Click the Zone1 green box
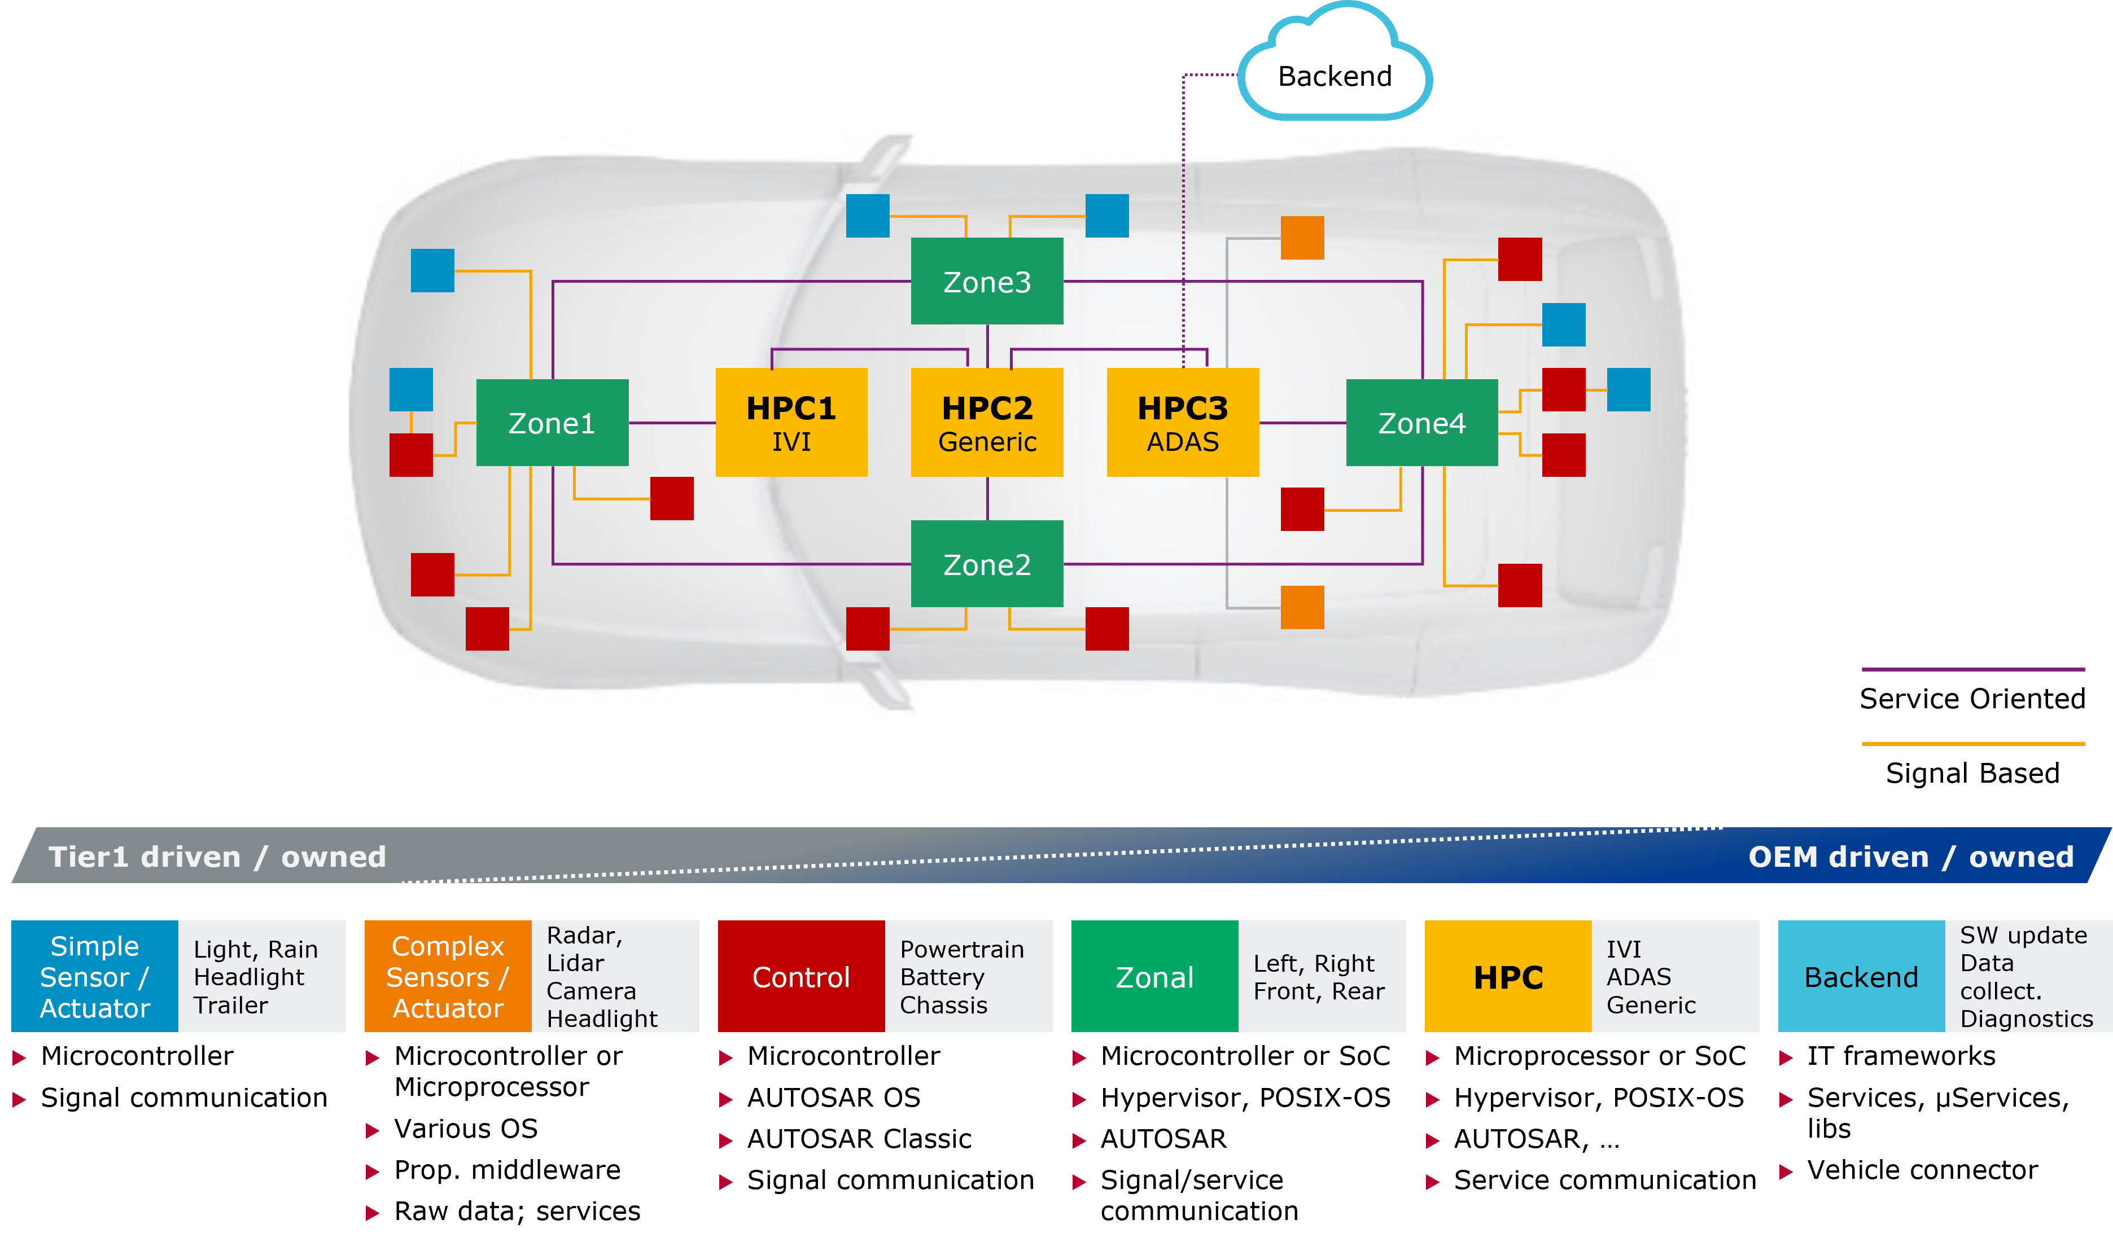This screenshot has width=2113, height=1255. pyautogui.click(x=552, y=423)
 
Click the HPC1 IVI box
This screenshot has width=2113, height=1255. pyautogui.click(x=791, y=423)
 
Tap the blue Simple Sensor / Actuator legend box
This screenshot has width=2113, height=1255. pyautogui.click(x=95, y=977)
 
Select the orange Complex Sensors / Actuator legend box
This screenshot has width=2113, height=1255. pyautogui.click(x=448, y=977)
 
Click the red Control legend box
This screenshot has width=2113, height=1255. pyautogui.click(x=801, y=977)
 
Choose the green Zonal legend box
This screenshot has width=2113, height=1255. pyautogui.click(x=1154, y=977)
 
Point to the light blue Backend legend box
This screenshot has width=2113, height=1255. pyautogui.click(x=1861, y=977)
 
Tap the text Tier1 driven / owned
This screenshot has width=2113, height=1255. pyautogui.click(x=217, y=857)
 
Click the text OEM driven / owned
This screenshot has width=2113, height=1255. pyautogui.click(x=1910, y=857)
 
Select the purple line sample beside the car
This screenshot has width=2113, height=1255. pyautogui.click(x=1972, y=669)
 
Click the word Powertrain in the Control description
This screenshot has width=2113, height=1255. pyautogui.click(x=962, y=949)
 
